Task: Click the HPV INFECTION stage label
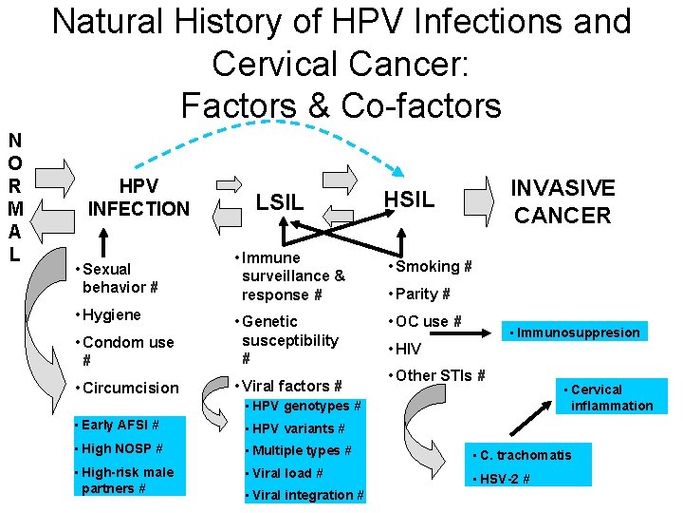click(138, 197)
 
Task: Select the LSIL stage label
click(280, 202)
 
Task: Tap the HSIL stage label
click(408, 199)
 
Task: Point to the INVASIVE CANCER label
click(563, 201)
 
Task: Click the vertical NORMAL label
click(15, 199)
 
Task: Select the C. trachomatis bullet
click(526, 455)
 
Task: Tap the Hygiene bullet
click(111, 315)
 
